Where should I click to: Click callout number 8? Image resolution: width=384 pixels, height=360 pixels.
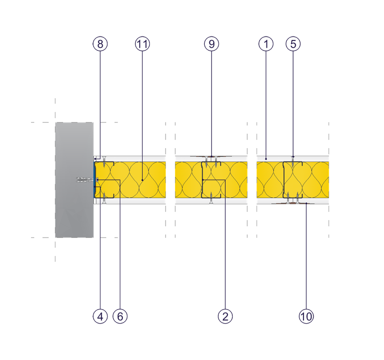[x=100, y=44]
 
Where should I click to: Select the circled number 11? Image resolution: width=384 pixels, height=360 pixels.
[x=142, y=44]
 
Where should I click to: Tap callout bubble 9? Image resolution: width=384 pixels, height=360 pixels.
[x=211, y=44]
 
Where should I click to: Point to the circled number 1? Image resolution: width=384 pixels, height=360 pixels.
[x=266, y=44]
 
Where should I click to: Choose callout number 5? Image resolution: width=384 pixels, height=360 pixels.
[x=293, y=44]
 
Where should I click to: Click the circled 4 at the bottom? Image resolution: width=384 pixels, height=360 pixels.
[x=100, y=316]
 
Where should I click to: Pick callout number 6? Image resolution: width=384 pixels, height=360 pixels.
[x=120, y=316]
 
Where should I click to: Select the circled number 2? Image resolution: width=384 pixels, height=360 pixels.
[x=225, y=316]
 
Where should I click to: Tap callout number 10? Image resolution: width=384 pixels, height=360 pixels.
[x=306, y=316]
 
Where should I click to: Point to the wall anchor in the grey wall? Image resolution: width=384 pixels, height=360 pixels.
[x=85, y=180]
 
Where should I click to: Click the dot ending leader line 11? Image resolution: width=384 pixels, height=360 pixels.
[x=142, y=180]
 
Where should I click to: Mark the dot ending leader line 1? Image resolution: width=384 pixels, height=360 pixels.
[x=266, y=158]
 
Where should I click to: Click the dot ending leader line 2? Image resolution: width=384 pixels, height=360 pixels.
[x=203, y=180]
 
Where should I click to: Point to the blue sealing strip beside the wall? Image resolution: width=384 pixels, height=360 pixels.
[x=95, y=180]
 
